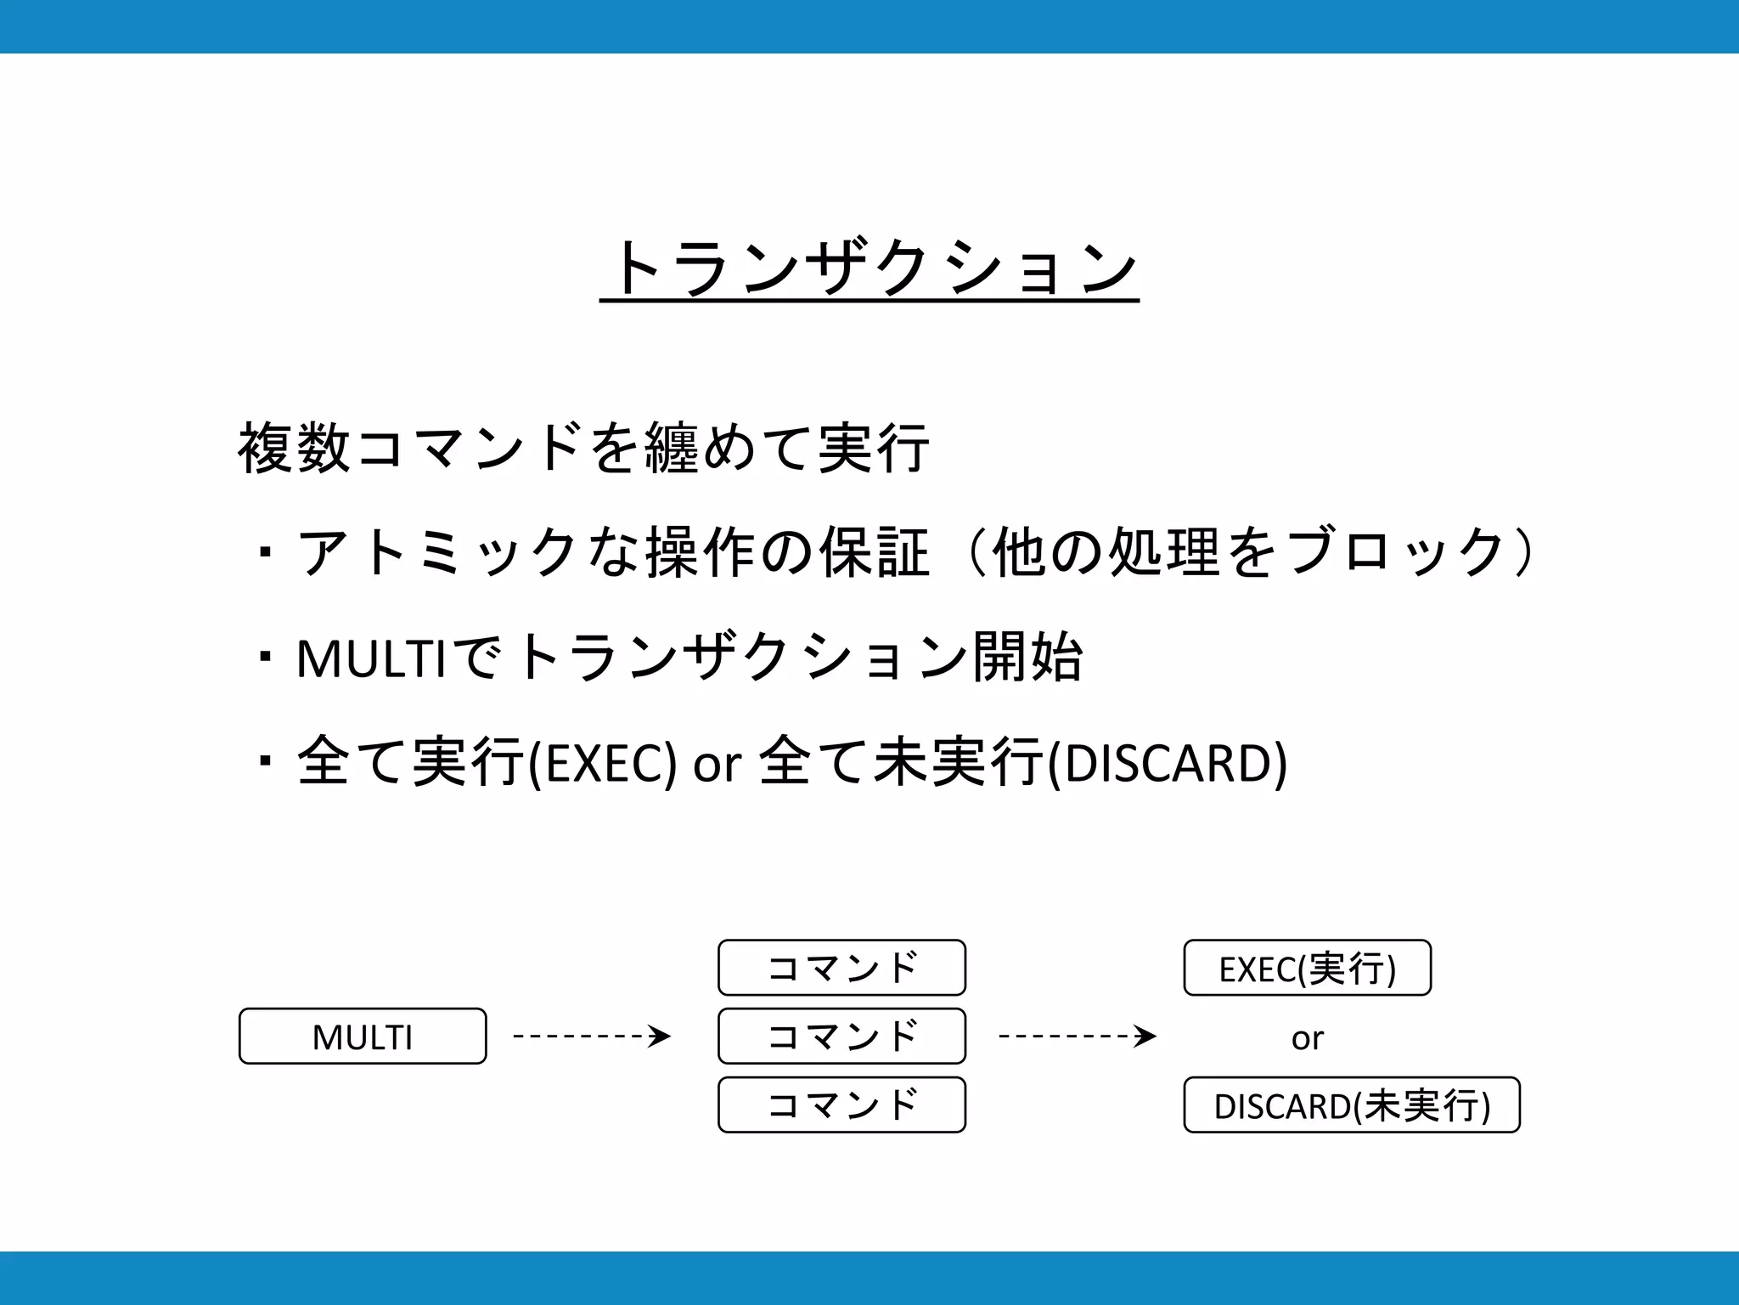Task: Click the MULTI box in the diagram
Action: pyautogui.click(x=363, y=1037)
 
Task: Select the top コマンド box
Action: pyautogui.click(x=841, y=968)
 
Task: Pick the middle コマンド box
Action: pyautogui.click(x=841, y=1037)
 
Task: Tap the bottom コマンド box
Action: pyautogui.click(x=841, y=1105)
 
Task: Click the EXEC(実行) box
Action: pyautogui.click(x=1307, y=968)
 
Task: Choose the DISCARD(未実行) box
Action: pyautogui.click(x=1352, y=1105)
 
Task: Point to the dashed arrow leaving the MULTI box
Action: pyautogui.click(x=592, y=1037)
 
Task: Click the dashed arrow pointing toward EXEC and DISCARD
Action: pyautogui.click(x=1078, y=1037)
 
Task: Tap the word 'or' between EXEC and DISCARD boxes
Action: pyautogui.click(x=1307, y=1038)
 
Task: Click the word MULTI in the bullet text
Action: pyautogui.click(x=371, y=658)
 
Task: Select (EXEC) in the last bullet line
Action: pyautogui.click(x=602, y=763)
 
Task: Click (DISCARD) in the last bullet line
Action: pyautogui.click(x=1168, y=763)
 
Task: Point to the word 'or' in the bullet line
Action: pyautogui.click(x=718, y=765)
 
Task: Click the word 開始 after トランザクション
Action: pyautogui.click(x=1027, y=657)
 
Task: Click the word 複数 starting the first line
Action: pyautogui.click(x=294, y=448)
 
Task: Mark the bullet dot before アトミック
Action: pyautogui.click(x=266, y=553)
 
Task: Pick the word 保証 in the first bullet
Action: pyautogui.click(x=875, y=552)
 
